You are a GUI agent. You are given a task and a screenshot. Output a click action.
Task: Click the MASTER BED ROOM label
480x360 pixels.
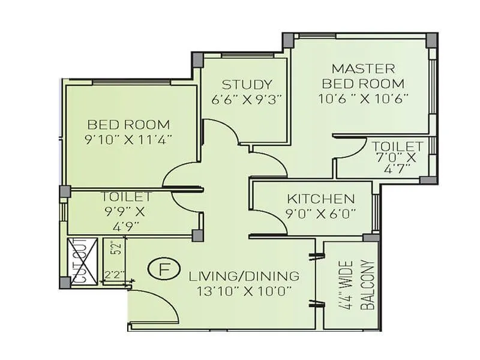pos(363,76)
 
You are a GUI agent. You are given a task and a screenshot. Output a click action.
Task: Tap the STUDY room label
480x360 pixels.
pos(247,85)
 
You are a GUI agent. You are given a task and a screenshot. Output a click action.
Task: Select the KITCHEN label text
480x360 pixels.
pos(320,199)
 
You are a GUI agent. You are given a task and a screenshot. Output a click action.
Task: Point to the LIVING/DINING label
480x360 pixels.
pos(244,277)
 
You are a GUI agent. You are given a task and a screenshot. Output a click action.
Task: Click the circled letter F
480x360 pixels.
pos(163,269)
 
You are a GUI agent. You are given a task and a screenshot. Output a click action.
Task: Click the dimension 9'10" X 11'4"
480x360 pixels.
pos(130,139)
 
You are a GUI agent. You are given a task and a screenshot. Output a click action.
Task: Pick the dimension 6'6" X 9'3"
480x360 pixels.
pos(247,99)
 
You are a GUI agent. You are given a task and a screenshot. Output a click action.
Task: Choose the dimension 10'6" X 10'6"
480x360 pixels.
pos(363,99)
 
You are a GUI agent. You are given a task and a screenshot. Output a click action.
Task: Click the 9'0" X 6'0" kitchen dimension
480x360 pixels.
pos(321,212)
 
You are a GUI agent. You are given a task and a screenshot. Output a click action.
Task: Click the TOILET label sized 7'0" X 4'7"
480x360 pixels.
pos(398,146)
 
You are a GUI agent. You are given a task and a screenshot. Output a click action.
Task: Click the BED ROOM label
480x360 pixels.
pos(128,125)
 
